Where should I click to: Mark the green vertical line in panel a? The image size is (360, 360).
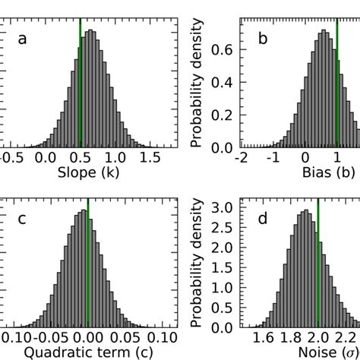(81, 76)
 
